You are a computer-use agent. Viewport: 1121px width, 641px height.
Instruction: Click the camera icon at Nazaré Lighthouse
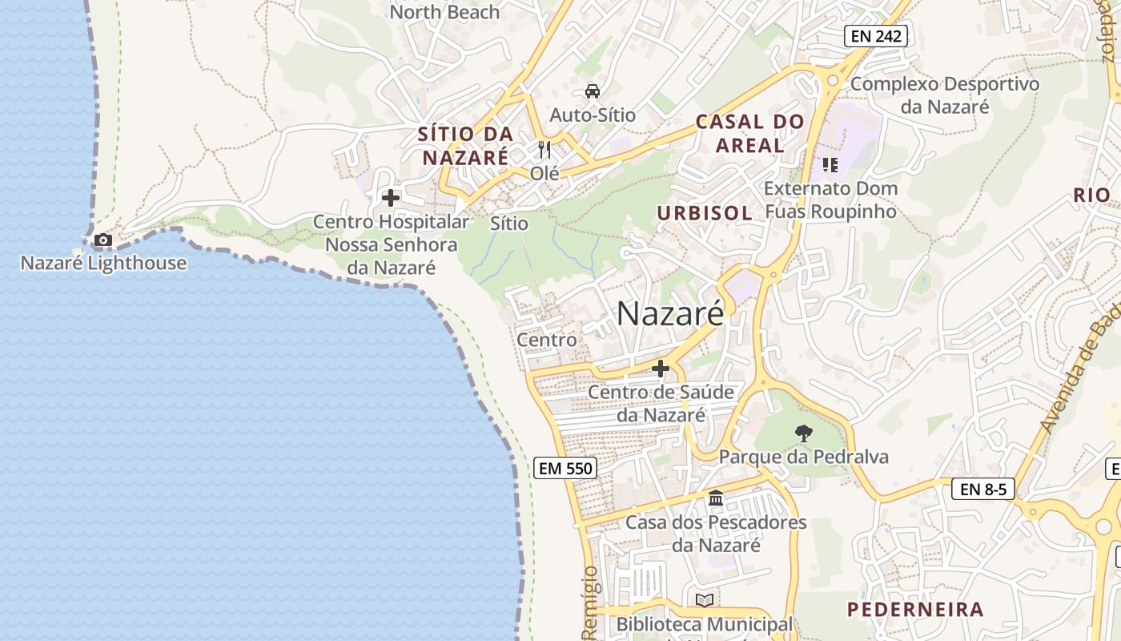[102, 240]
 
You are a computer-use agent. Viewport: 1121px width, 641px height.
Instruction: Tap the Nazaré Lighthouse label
[103, 263]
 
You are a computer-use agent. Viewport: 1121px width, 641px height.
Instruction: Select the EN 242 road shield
[875, 35]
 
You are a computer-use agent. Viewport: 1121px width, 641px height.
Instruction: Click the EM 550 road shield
[565, 468]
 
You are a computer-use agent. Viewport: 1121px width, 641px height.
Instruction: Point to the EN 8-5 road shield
[982, 489]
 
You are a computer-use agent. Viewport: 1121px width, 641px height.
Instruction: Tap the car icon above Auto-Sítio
[592, 91]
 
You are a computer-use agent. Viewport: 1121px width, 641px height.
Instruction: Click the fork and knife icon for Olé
[544, 150]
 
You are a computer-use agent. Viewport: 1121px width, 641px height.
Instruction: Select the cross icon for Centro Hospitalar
[391, 197]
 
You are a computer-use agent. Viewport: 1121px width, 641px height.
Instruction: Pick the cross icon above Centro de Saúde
[661, 369]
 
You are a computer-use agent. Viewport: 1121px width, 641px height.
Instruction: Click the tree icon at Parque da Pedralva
[803, 433]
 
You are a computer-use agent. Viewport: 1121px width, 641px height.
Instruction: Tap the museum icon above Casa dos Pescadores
[716, 498]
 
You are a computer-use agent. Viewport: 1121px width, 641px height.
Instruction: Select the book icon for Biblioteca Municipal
[705, 600]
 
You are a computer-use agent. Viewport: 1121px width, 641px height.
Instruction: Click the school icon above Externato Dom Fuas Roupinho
[830, 165]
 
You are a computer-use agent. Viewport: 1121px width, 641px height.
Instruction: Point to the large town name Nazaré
[670, 313]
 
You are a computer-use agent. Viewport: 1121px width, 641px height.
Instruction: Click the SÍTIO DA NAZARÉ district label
[465, 146]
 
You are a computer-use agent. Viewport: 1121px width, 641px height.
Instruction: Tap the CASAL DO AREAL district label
[749, 134]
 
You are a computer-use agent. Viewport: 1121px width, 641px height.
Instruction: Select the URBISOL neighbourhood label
[705, 213]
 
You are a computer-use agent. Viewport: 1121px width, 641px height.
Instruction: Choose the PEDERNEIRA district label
[915, 610]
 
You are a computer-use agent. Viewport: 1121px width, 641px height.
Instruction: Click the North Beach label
[444, 12]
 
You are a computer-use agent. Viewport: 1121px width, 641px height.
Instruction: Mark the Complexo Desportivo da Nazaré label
[945, 95]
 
